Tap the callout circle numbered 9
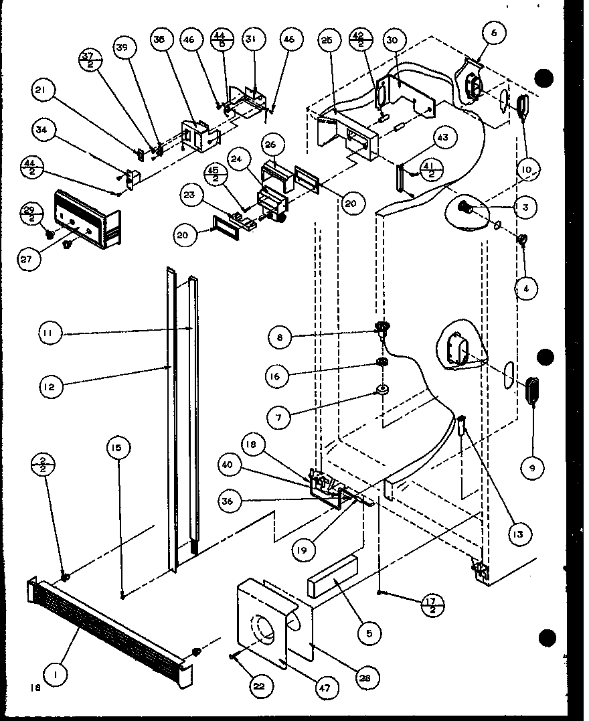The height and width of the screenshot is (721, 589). pos(531,468)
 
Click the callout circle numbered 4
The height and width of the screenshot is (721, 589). pos(525,289)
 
